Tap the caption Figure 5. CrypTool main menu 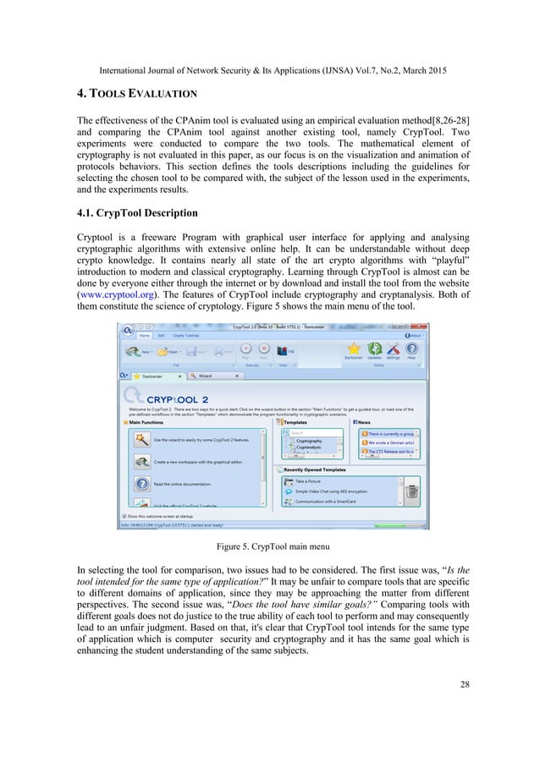pos(270,546)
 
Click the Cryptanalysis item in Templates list pos(310,447)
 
